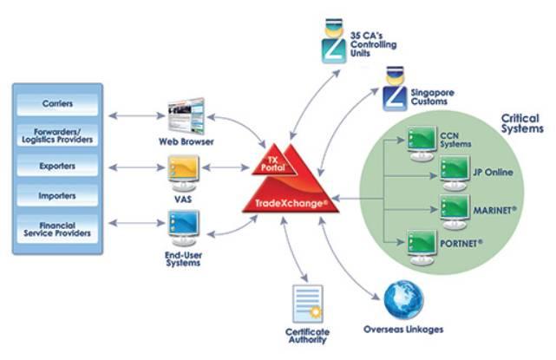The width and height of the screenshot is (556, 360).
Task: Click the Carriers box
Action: pos(57,104)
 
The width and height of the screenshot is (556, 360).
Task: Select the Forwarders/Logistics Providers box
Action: pos(57,134)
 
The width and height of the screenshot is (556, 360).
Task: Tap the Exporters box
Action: pos(57,165)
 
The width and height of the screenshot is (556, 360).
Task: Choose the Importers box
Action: pos(57,195)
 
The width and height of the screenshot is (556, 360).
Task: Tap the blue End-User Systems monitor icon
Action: pos(182,226)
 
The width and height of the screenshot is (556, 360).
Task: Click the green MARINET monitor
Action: pos(455,208)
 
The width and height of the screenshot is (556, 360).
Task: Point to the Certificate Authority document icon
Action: pos(307,304)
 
